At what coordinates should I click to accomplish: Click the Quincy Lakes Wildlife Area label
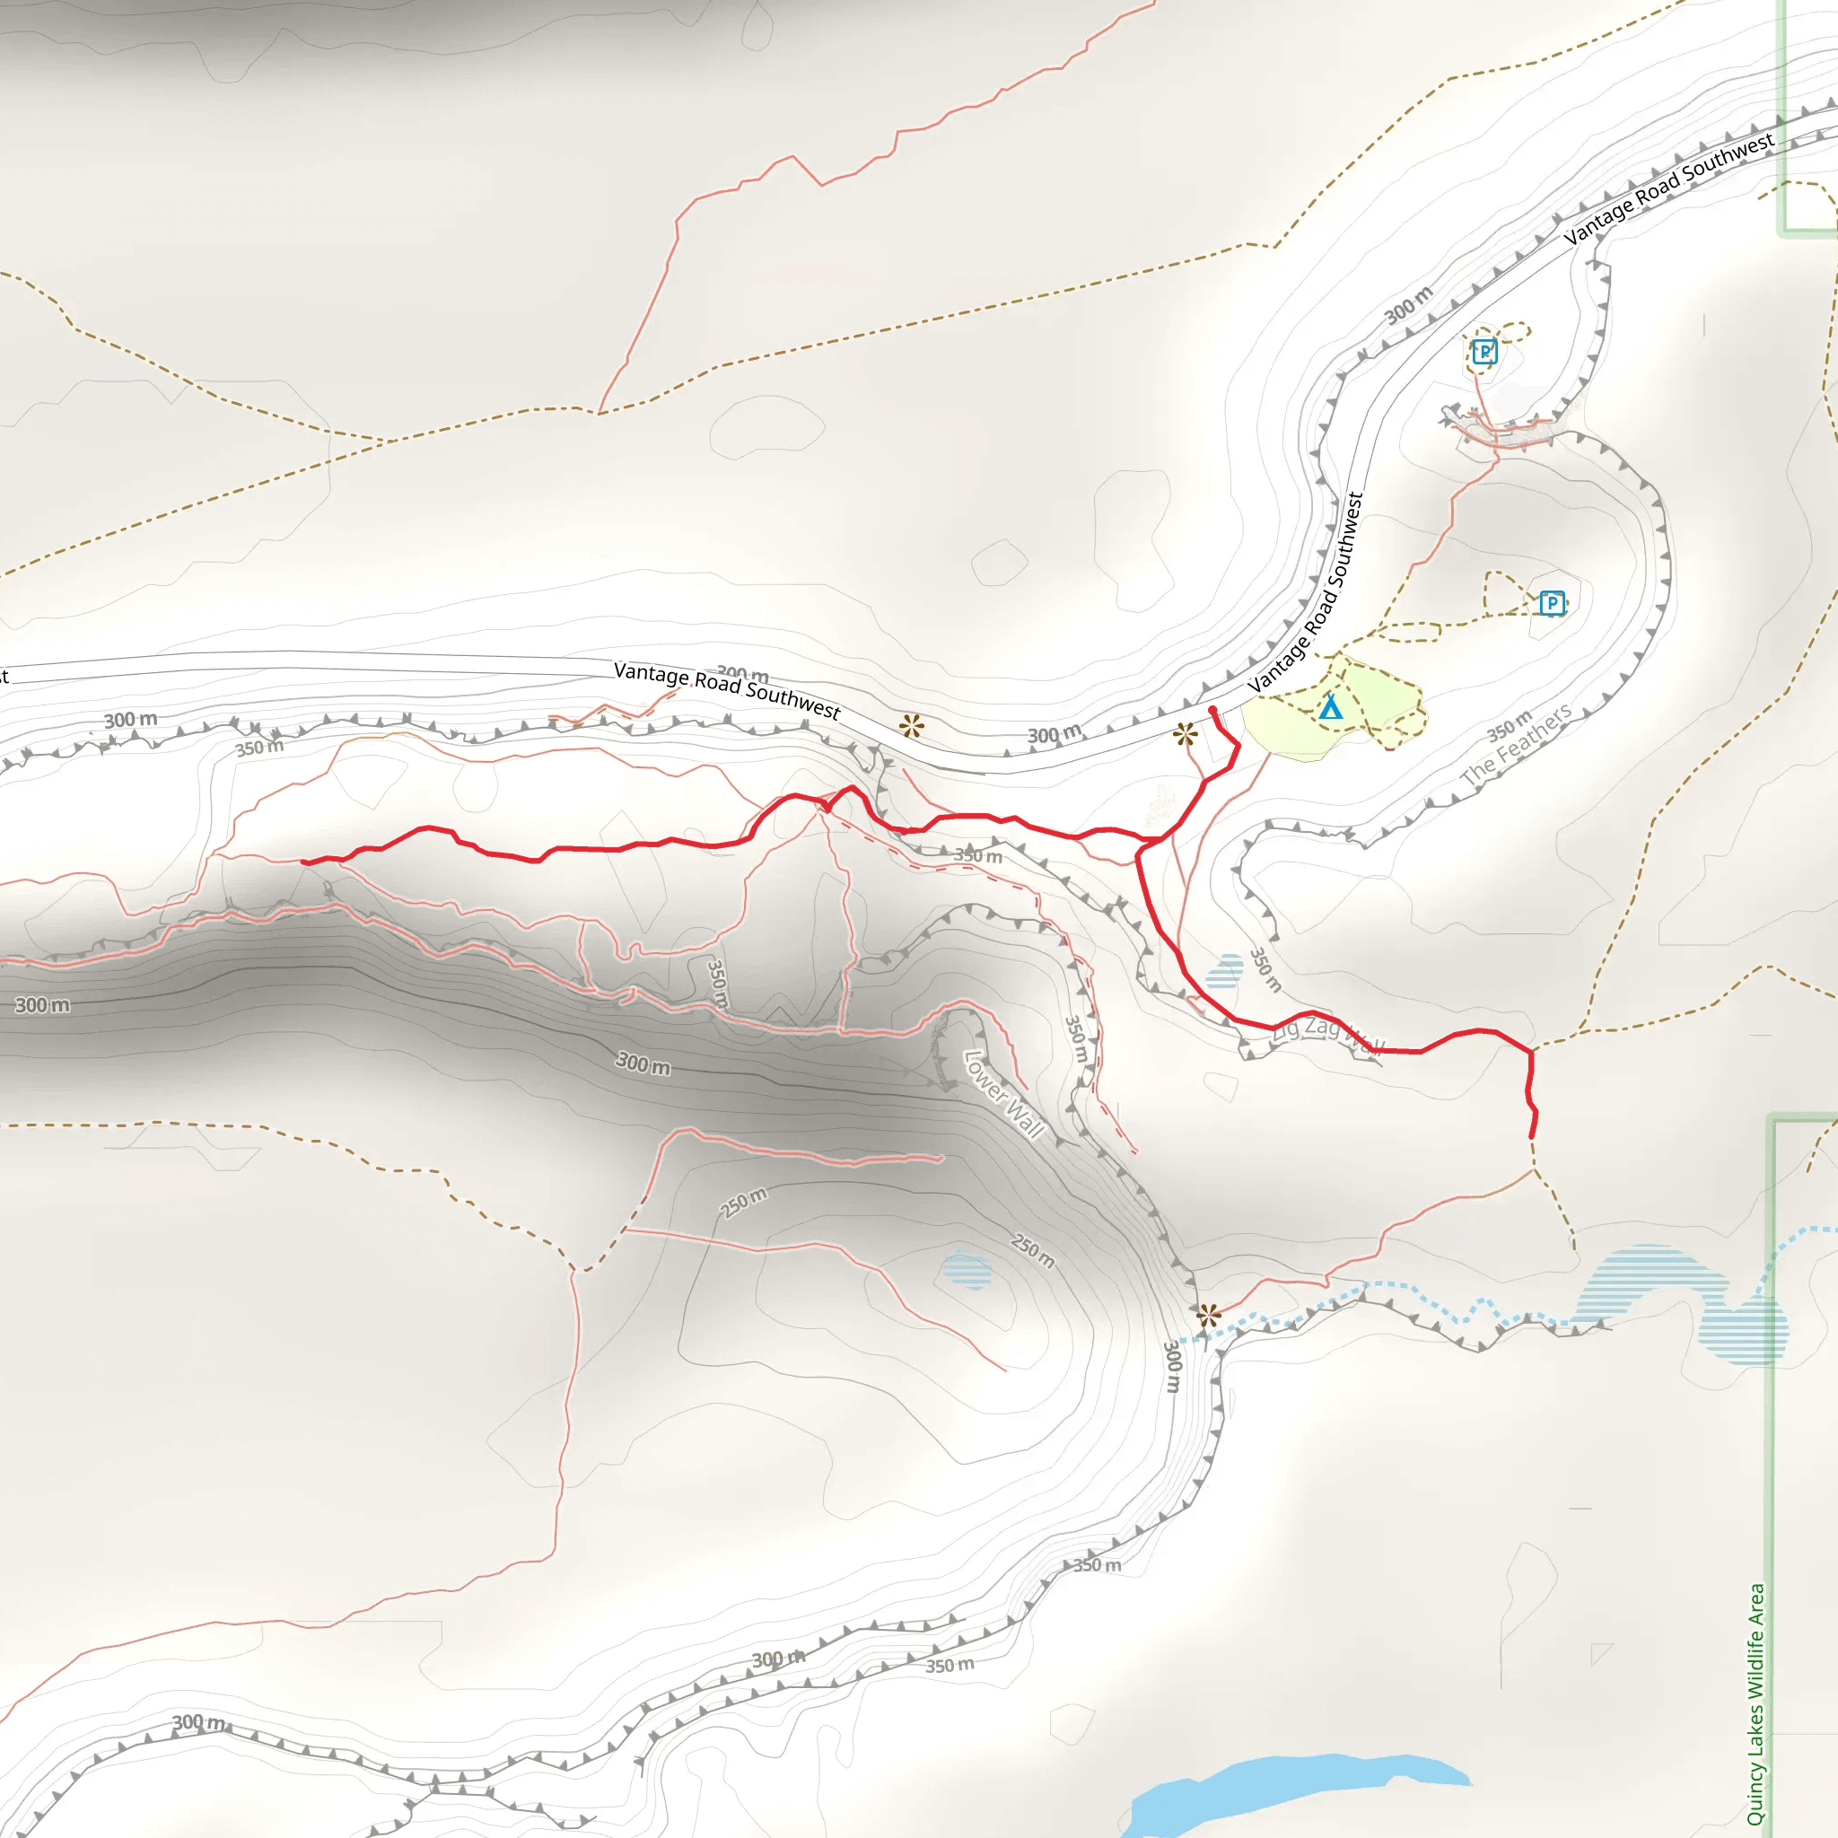point(1756,1702)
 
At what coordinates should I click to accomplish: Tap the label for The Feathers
point(1517,746)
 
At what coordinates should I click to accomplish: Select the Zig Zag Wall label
point(1328,1033)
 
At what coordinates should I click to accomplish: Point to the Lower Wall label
point(1003,1094)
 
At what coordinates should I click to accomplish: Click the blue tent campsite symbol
point(1331,708)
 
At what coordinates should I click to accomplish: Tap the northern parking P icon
point(1484,352)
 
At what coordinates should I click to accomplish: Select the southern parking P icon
point(1552,602)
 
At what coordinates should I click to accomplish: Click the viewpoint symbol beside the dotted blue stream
point(1208,1317)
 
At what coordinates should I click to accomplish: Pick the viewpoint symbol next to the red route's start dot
point(1185,734)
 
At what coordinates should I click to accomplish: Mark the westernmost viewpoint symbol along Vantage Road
point(912,727)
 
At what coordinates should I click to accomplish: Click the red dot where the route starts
point(1212,711)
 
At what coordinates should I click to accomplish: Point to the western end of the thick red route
point(303,862)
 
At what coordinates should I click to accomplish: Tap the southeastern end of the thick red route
point(1532,1136)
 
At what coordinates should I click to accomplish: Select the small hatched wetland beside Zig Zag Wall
point(1224,971)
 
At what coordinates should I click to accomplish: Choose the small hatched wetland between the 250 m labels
point(967,1271)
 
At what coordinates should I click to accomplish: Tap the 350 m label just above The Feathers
point(1510,725)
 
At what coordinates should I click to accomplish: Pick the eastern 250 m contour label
point(1033,1251)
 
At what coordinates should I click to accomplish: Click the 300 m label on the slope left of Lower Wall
point(643,1063)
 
